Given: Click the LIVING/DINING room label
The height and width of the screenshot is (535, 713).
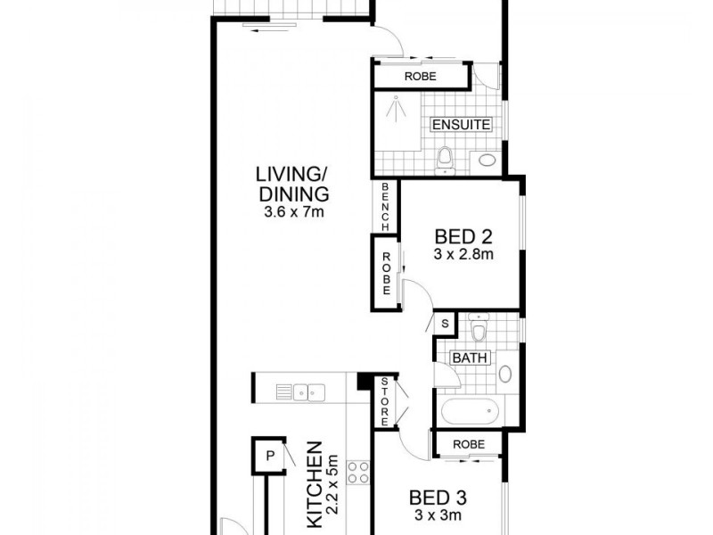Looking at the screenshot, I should [292, 184].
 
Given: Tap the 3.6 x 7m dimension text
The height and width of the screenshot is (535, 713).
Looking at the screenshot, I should [292, 212].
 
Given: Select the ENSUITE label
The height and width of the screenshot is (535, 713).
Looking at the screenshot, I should [461, 125].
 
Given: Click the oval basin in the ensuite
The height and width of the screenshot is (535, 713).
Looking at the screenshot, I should [486, 161].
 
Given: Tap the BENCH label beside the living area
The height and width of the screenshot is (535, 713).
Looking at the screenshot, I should [385, 208].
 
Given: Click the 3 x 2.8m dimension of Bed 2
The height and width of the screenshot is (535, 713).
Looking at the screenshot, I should [463, 254].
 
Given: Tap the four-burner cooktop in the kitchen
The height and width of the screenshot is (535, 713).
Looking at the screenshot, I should [357, 472].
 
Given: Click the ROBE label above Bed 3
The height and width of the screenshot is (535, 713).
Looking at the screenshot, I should [469, 443].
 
